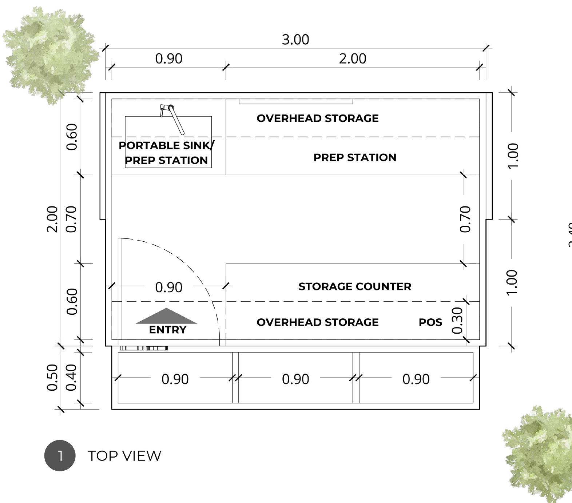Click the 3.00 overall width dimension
pyautogui.click(x=295, y=40)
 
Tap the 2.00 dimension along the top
pyautogui.click(x=352, y=59)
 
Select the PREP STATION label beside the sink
pyautogui.click(x=355, y=157)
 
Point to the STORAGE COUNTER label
pyautogui.click(x=355, y=286)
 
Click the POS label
pyautogui.click(x=430, y=322)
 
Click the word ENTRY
pyautogui.click(x=167, y=330)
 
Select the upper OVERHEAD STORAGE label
pyautogui.click(x=318, y=118)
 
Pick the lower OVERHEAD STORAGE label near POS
pyautogui.click(x=318, y=322)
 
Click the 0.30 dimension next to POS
pyautogui.click(x=457, y=320)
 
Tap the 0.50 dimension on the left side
pyautogui.click(x=53, y=377)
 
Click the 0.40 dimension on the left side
pyautogui.click(x=72, y=377)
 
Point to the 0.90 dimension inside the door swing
pyautogui.click(x=168, y=287)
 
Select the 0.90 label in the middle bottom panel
pyautogui.click(x=295, y=379)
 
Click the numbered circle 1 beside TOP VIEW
pyautogui.click(x=60, y=455)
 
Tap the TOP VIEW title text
pyautogui.click(x=124, y=456)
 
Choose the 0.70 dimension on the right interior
pyautogui.click(x=465, y=219)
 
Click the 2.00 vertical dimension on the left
pyautogui.click(x=53, y=219)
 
